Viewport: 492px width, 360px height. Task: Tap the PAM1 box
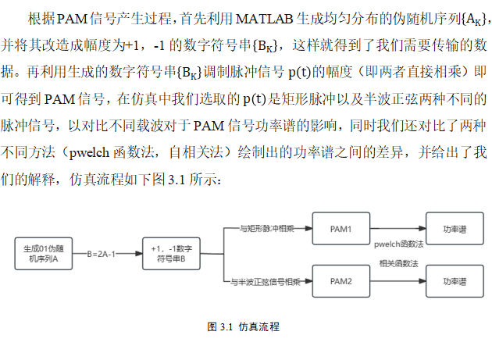(340, 229)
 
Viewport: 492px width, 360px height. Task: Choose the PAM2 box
(340, 280)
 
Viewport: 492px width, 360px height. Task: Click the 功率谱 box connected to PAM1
(453, 229)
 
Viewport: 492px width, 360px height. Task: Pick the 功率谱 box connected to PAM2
(453, 280)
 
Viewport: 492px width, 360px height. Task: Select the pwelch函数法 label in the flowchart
(399, 244)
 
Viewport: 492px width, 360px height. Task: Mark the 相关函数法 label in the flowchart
(399, 265)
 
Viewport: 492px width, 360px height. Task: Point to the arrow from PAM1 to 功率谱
(397, 229)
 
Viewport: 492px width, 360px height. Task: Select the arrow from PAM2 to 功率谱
(397, 280)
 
